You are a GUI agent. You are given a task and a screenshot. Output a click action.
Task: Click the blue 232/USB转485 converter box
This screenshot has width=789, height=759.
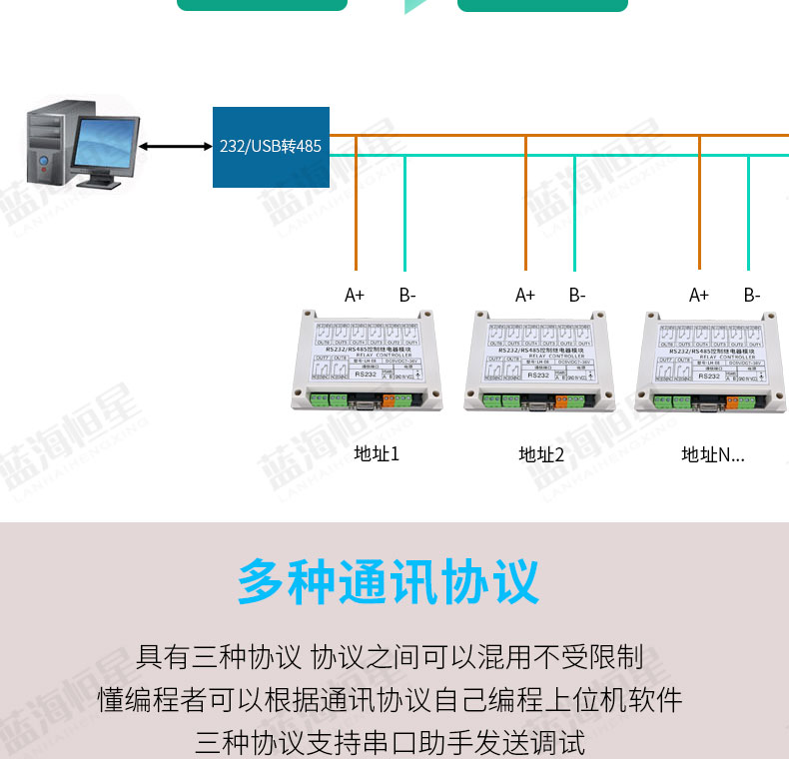point(271,147)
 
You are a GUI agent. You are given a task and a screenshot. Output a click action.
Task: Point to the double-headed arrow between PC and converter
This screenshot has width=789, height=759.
point(176,147)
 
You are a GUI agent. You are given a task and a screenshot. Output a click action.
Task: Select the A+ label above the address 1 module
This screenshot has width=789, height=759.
point(355,295)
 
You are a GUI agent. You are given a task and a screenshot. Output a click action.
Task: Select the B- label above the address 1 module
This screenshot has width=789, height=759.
point(407,295)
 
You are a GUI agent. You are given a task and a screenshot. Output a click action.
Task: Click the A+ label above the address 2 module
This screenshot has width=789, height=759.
point(525,295)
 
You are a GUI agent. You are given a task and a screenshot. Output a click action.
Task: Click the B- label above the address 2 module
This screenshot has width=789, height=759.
point(577,295)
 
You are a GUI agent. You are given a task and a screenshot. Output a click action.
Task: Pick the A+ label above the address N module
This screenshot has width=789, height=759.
point(699,295)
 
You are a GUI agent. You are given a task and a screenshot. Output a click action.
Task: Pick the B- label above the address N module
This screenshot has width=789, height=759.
point(752,295)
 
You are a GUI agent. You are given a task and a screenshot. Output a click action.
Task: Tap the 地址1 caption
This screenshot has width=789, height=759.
point(377,454)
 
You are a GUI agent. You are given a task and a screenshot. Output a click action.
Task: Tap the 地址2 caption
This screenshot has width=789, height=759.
point(542,454)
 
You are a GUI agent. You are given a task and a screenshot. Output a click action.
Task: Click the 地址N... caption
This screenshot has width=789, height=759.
point(713,454)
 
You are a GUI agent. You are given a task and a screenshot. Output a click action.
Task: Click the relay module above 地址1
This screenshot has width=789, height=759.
point(368,362)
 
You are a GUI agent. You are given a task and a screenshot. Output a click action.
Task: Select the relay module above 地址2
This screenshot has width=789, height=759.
point(537,362)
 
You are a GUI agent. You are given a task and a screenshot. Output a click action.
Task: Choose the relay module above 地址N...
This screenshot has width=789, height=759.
point(711,362)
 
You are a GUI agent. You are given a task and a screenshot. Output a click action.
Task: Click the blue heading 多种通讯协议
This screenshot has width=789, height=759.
point(388,581)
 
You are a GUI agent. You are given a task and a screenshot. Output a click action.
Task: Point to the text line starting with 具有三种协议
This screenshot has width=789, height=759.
point(390,657)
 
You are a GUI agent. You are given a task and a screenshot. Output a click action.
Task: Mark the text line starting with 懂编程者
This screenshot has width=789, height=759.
point(390,700)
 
